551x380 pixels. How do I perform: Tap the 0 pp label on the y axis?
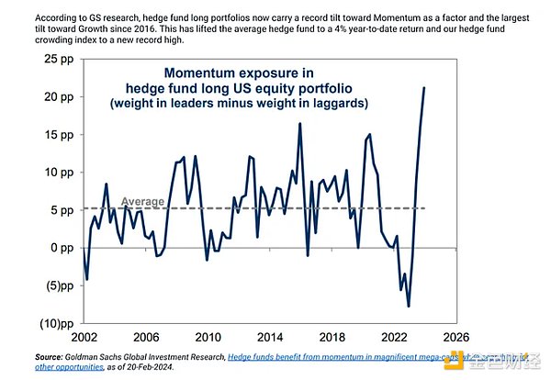[x=60, y=247]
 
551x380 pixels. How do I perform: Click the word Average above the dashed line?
[x=143, y=199]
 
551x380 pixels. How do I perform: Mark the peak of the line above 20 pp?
[x=424, y=88]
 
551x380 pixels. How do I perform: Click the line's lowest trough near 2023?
[x=408, y=307]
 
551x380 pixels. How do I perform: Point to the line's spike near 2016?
[x=299, y=123]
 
